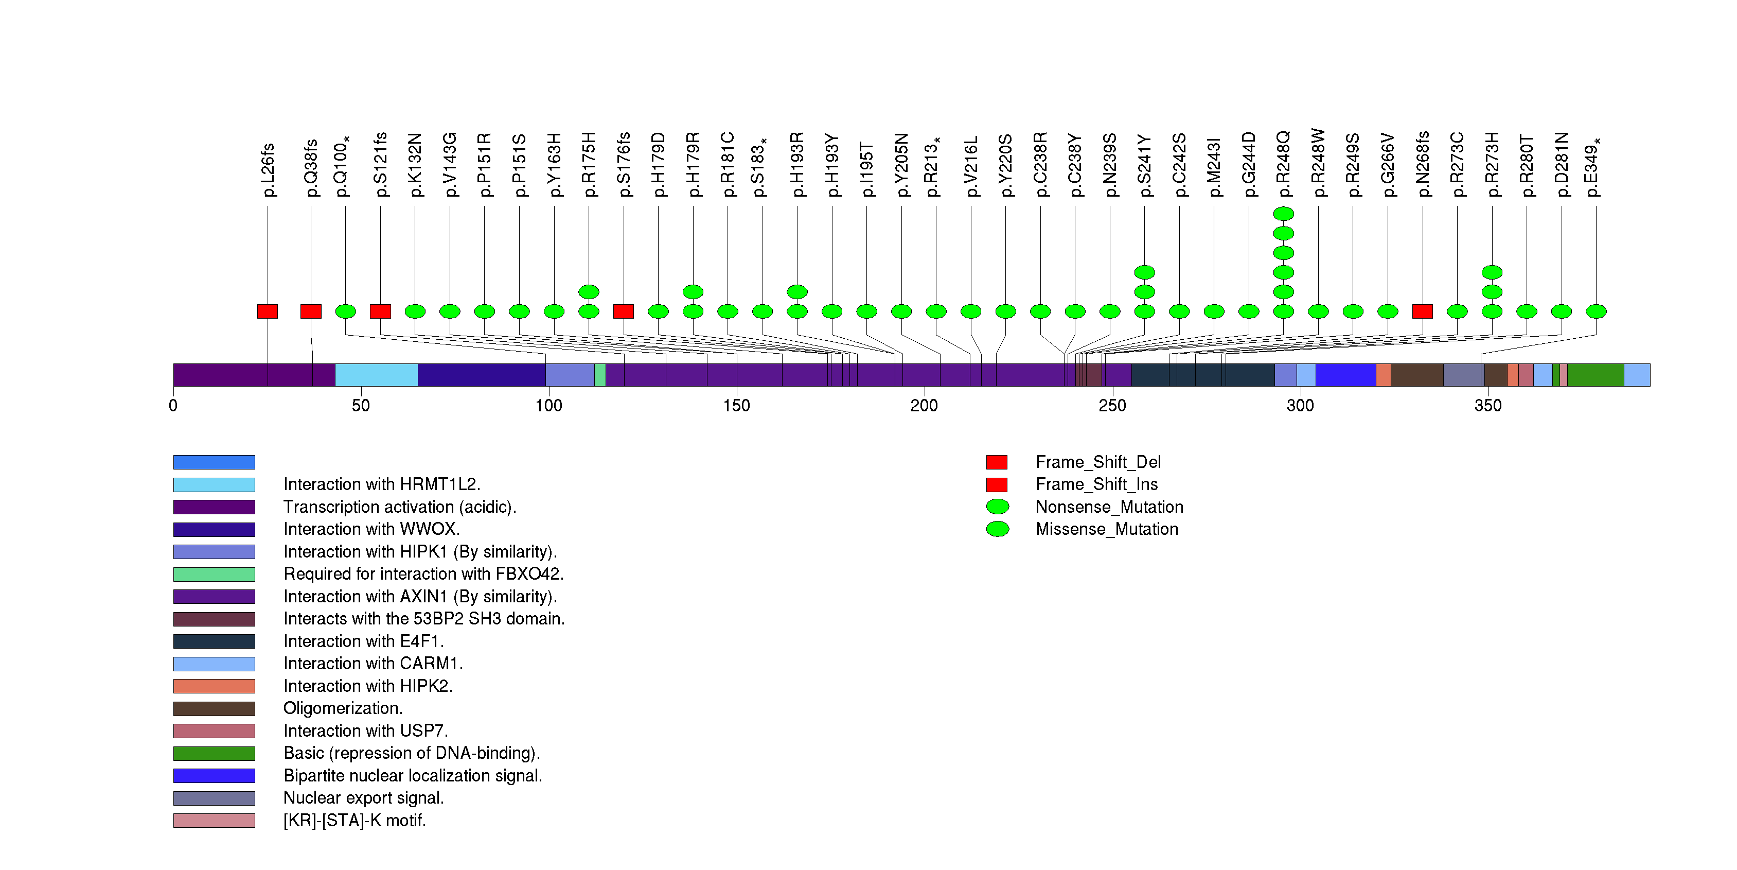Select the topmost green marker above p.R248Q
[x=1283, y=214]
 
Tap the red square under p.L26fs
[x=267, y=311]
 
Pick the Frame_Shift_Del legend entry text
[x=1098, y=462]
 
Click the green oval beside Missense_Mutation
[x=997, y=529]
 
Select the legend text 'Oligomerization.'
[x=343, y=708]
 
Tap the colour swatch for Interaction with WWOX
[x=214, y=529]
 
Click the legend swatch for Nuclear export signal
[x=214, y=798]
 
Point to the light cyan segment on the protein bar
[x=376, y=375]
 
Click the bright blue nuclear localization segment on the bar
[x=1345, y=375]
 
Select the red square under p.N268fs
[x=1422, y=311]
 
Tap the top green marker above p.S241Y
[x=1144, y=272]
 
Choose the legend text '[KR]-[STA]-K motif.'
[x=355, y=820]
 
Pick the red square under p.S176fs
[x=623, y=311]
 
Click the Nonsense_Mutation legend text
[x=1109, y=507]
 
